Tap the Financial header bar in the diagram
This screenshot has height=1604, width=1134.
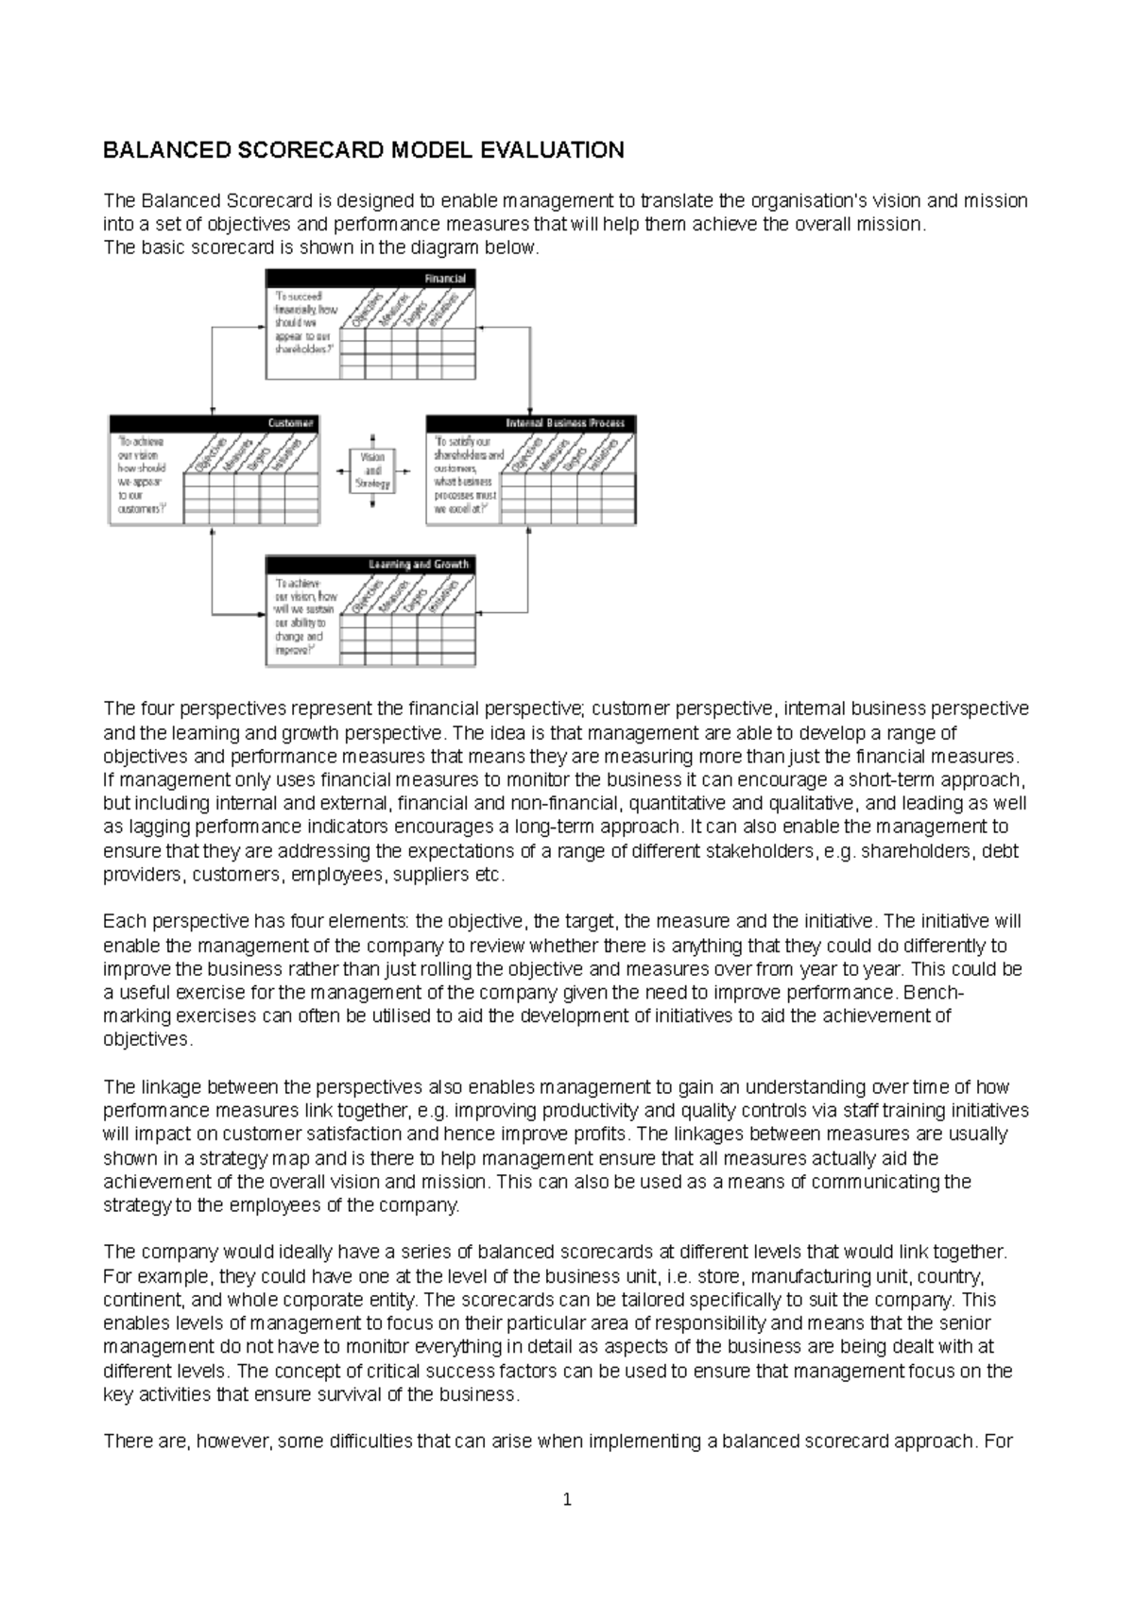370,279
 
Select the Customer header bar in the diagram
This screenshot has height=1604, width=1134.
214,423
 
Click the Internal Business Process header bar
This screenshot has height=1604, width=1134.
532,423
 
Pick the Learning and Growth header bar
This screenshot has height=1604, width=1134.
370,564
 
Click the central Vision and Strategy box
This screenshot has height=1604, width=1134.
373,470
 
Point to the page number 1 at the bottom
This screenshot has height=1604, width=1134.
567,1499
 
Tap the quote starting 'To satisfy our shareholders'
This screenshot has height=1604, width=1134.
463,474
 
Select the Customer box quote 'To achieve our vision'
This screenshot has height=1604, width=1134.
142,474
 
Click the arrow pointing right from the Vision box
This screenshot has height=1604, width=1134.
404,470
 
